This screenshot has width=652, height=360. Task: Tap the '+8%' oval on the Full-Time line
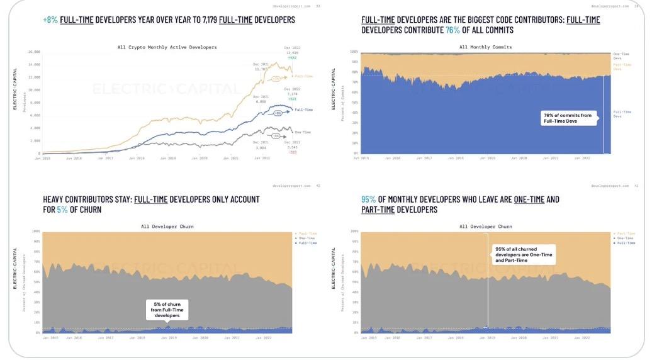point(278,114)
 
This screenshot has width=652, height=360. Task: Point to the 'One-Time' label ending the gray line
point(303,132)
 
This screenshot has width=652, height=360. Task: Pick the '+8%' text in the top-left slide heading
point(50,20)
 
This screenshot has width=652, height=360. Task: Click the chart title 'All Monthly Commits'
point(485,47)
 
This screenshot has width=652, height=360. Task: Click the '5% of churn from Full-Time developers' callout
point(167,308)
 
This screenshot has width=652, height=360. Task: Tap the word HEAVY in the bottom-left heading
point(55,200)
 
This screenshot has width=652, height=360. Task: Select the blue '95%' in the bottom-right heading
point(368,200)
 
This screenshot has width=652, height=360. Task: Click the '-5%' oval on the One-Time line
point(276,135)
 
